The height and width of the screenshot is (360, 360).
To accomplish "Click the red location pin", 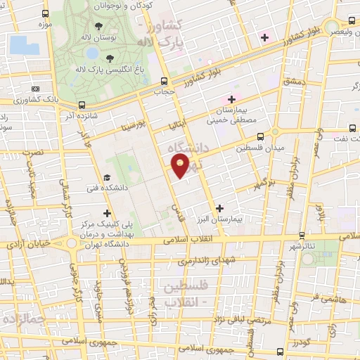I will pyautogui.click(x=181, y=167).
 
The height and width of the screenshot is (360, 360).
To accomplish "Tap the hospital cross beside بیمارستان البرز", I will pyautogui.click(x=221, y=208).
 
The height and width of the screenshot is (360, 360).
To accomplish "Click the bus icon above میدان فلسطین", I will pyautogui.click(x=261, y=137).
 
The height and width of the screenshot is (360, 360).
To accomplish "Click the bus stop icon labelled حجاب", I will pyautogui.click(x=164, y=81).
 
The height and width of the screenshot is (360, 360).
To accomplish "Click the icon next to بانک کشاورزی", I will pyautogui.click(x=35, y=89).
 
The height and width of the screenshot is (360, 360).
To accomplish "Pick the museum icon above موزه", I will pyautogui.click(x=46, y=13).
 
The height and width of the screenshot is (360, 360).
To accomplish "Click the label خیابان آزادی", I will pyautogui.click(x=25, y=243).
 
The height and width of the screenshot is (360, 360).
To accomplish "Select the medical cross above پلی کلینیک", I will pyautogui.click(x=107, y=213).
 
